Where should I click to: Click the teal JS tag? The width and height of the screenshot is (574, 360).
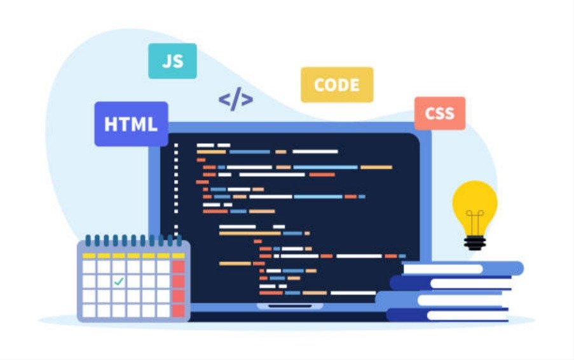(x=172, y=61)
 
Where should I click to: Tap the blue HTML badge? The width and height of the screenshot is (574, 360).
(x=131, y=124)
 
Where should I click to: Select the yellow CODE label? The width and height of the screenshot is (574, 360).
(x=337, y=85)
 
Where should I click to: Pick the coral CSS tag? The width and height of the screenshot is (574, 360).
(x=440, y=113)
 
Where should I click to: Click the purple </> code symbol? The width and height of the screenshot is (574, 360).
(x=236, y=99)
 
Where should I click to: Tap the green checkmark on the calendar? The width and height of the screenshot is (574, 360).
(x=119, y=281)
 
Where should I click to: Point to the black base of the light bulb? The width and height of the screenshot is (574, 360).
(x=475, y=243)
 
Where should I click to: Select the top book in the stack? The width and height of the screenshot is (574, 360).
(x=463, y=268)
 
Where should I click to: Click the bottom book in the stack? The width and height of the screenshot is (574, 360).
(x=448, y=315)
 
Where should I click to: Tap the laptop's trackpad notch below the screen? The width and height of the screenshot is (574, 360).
(x=290, y=306)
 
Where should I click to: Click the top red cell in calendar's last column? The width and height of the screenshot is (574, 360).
(x=178, y=267)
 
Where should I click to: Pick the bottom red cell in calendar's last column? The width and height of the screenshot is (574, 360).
(x=178, y=310)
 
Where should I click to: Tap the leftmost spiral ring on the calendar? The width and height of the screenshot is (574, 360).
(x=88, y=240)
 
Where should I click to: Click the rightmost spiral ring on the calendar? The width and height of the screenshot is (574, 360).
(x=179, y=240)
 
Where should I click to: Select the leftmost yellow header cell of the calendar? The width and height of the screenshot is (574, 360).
(x=89, y=256)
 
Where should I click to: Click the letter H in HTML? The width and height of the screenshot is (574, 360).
(x=111, y=124)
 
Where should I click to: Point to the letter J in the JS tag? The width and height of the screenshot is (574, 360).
(x=167, y=61)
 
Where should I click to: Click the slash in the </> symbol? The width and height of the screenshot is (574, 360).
(x=236, y=99)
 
